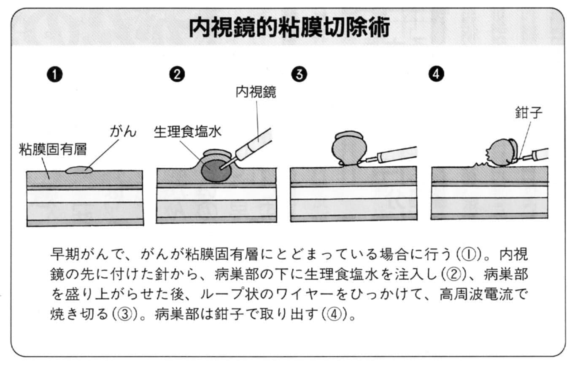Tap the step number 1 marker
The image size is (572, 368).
(x=55, y=75)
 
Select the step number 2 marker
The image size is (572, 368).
(x=177, y=75)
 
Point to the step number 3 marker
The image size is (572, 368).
(x=299, y=75)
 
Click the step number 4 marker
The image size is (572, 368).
(x=436, y=75)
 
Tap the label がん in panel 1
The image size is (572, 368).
(x=123, y=132)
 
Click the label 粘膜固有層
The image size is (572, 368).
(x=53, y=149)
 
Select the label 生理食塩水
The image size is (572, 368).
(x=187, y=132)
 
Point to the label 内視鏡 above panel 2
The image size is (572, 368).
(x=256, y=92)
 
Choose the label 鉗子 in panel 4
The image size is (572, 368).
(x=528, y=113)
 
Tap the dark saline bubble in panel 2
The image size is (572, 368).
(x=216, y=170)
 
